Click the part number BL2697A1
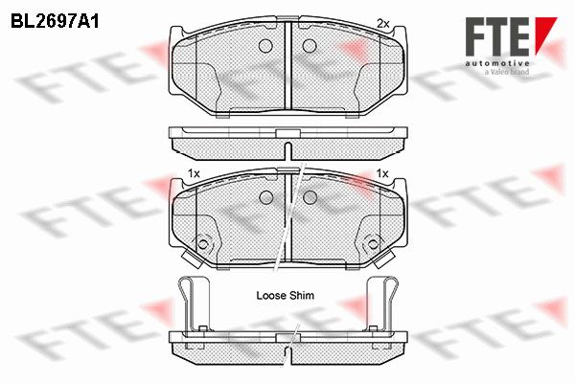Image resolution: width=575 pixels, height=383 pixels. tap(55, 22)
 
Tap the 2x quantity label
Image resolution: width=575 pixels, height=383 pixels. tap(382, 24)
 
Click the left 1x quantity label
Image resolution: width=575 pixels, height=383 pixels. tap(194, 173)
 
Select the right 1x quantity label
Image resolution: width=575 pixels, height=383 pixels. tap(382, 173)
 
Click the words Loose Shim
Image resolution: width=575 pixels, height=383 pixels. tap(286, 296)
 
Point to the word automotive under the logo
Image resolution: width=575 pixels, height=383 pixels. tap(497, 64)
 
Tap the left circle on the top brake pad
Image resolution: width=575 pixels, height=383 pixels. tap(265, 45)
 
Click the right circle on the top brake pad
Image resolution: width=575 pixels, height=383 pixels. tap(310, 45)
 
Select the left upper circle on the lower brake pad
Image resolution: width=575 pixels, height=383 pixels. tap(266, 197)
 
